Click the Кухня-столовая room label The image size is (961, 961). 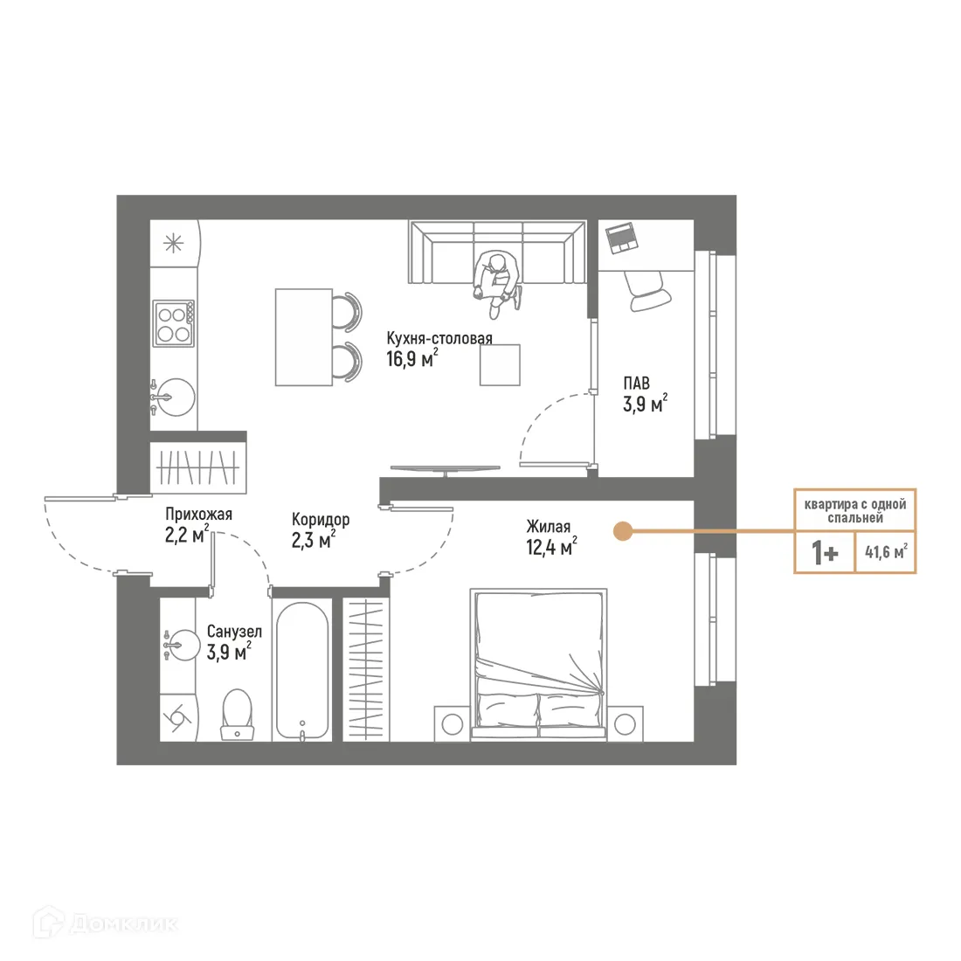click(x=439, y=338)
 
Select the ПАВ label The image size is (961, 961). click(x=636, y=384)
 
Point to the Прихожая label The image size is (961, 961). click(x=198, y=515)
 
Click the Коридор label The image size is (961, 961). click(x=321, y=520)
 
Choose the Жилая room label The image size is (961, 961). click(x=548, y=527)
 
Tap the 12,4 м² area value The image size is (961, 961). click(x=551, y=548)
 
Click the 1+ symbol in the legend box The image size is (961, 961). click(x=825, y=553)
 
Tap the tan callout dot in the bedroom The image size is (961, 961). click(x=622, y=530)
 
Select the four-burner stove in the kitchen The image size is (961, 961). click(x=173, y=323)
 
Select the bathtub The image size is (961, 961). click(x=302, y=667)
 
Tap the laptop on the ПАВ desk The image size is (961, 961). click(x=621, y=237)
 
